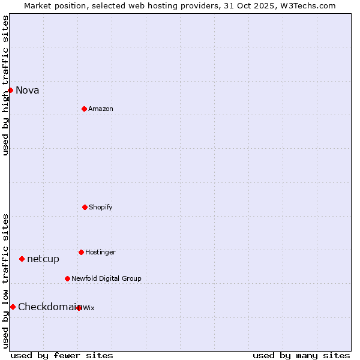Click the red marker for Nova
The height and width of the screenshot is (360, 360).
[x=10, y=90]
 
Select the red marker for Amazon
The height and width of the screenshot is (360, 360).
[x=84, y=109]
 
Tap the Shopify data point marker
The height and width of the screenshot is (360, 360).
[x=85, y=207]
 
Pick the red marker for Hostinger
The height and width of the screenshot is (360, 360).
[x=81, y=252]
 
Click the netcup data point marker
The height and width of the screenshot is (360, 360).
[x=22, y=259]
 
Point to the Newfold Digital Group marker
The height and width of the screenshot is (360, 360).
[x=67, y=278]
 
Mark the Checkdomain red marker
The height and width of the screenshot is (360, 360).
[x=13, y=307]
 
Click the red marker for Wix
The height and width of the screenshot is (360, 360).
[x=79, y=308]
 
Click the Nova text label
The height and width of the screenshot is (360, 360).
[x=28, y=91]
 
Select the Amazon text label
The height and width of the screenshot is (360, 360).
[x=101, y=109]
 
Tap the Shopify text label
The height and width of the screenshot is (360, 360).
[x=101, y=208]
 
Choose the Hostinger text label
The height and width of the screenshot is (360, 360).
[x=100, y=253]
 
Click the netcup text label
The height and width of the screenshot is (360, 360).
[x=43, y=259]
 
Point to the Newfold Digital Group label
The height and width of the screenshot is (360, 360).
[x=106, y=279]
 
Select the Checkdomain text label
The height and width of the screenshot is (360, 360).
[x=48, y=307]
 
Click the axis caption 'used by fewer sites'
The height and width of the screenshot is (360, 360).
[x=62, y=356]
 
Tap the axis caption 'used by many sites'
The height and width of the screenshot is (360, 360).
[x=301, y=356]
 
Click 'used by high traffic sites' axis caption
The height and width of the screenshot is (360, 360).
[x=6, y=85]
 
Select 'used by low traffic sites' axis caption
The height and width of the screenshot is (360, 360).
[x=6, y=281]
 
